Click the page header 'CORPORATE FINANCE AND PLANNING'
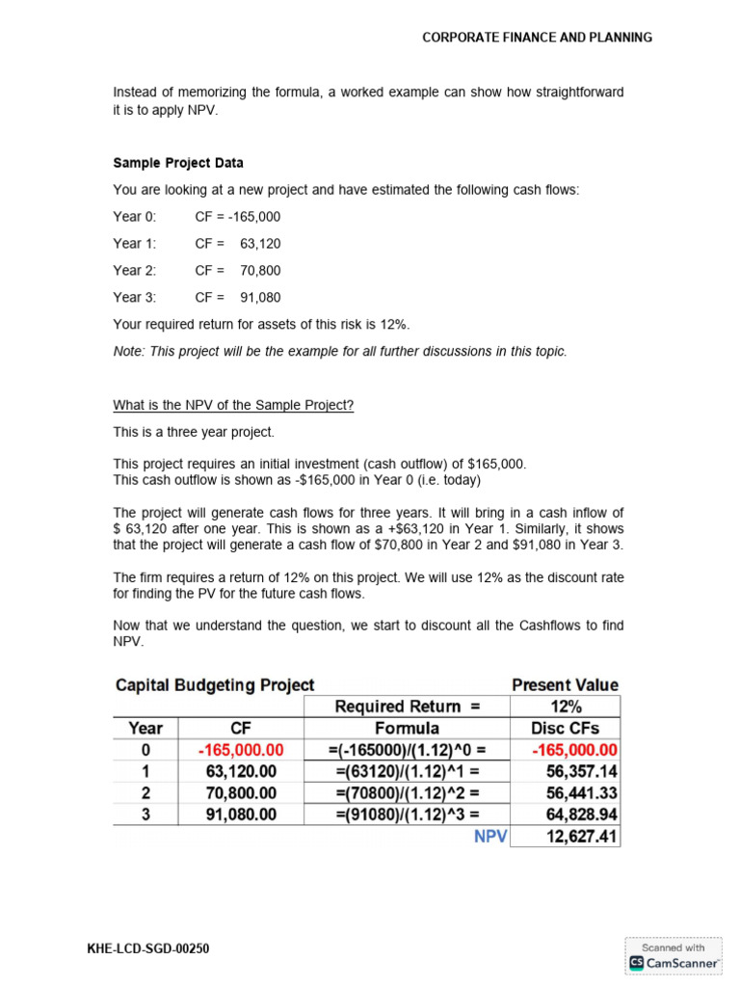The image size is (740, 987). point(537,38)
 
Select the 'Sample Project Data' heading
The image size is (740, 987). point(178,163)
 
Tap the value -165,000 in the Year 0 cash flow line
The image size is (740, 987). point(251,217)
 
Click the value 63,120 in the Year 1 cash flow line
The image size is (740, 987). point(260,244)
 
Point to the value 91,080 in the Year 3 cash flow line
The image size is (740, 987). point(260,298)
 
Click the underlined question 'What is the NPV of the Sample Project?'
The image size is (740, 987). point(233,405)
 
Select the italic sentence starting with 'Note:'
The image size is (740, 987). point(340,352)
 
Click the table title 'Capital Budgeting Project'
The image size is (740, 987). point(215,685)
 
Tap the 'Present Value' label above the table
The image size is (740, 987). point(565,685)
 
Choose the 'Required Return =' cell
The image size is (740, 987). point(407,707)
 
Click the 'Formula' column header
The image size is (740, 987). point(407,729)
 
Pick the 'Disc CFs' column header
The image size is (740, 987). point(565,729)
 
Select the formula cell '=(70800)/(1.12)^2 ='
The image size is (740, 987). point(407,793)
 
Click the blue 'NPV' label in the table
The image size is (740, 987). point(489,837)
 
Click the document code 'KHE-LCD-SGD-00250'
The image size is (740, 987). point(147,949)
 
